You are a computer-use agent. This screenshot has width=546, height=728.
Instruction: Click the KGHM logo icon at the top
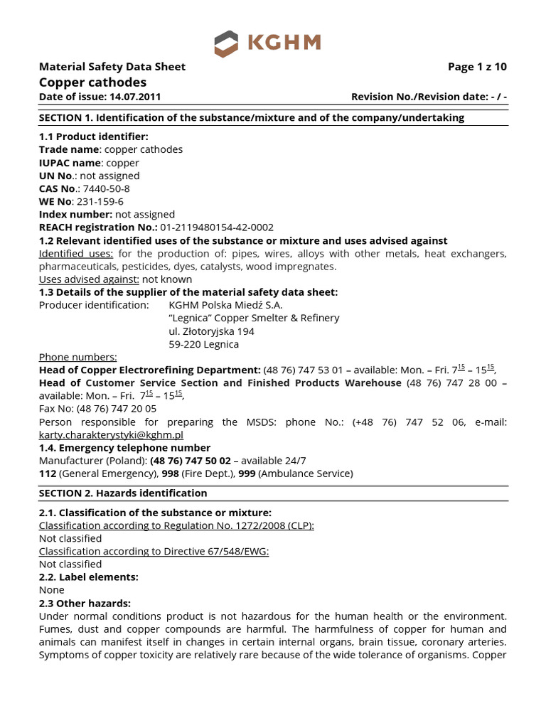227,43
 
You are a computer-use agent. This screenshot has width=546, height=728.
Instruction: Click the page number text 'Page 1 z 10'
477,67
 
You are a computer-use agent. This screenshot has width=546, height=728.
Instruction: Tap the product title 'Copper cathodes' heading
92,82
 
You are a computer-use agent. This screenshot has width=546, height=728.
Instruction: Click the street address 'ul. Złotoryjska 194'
211,331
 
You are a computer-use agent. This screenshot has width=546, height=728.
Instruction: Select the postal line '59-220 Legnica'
203,344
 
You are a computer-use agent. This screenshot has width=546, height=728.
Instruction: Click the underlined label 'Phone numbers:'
77,357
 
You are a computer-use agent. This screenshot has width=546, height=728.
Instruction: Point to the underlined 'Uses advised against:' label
89,279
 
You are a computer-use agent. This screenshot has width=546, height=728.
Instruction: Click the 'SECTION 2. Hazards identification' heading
123,493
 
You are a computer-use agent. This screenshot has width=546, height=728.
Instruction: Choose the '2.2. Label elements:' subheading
88,577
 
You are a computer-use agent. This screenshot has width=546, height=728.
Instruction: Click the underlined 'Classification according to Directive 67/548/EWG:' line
154,551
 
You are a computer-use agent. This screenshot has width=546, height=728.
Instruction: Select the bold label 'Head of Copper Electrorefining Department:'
149,370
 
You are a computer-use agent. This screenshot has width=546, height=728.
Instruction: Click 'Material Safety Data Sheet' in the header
112,67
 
